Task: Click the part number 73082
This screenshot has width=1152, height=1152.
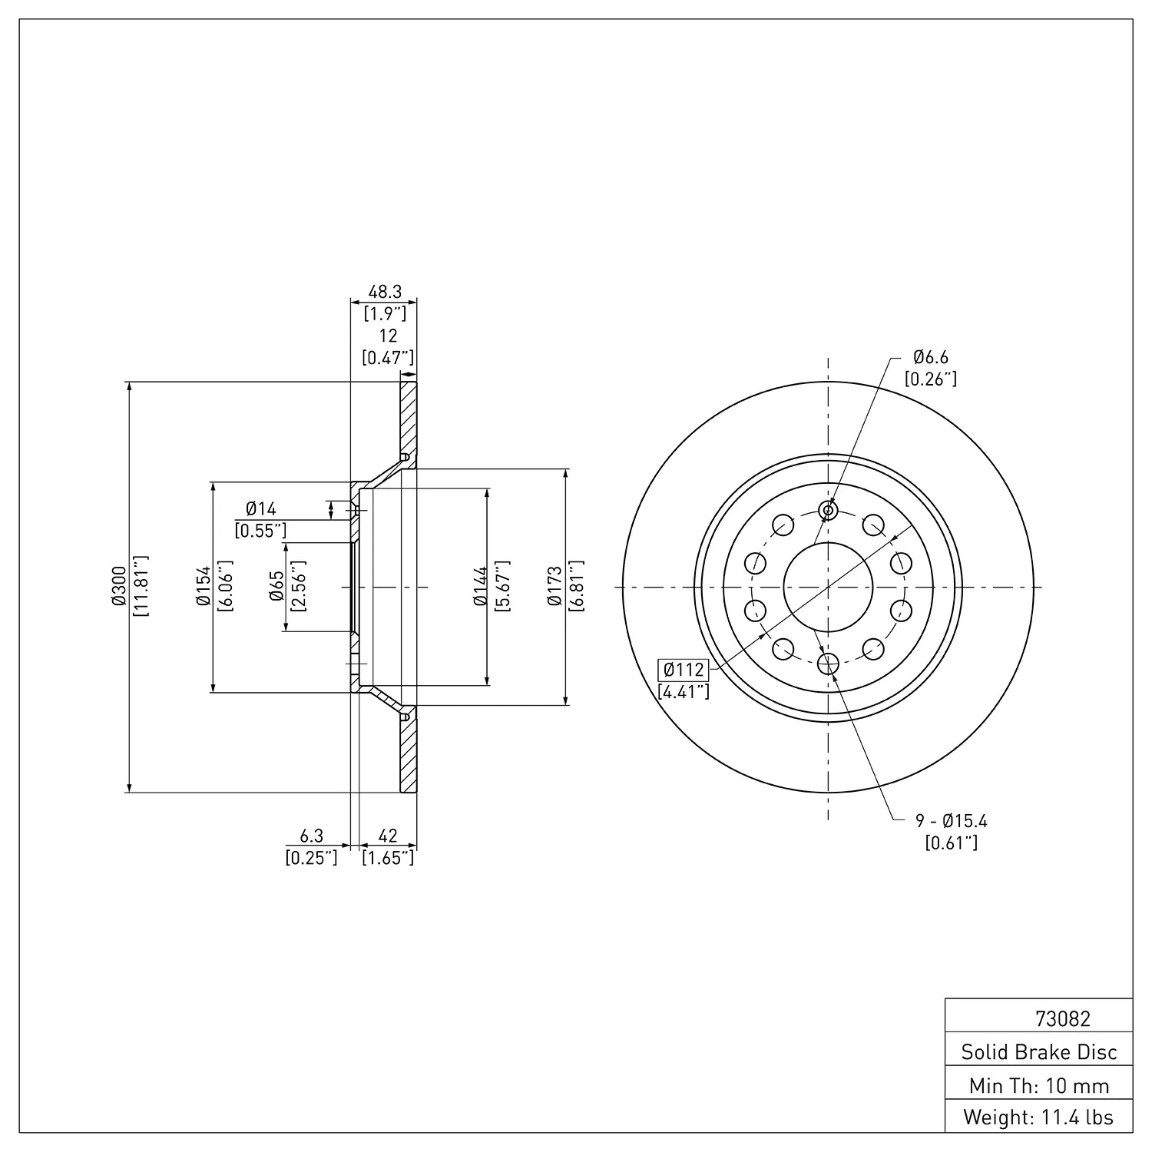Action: point(1062,1018)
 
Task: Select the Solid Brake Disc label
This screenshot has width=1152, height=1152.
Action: point(1039,1051)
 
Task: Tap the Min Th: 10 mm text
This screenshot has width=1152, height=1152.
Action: point(1039,1085)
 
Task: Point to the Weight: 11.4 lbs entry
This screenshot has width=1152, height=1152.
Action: point(1039,1117)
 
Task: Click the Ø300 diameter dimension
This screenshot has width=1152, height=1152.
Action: point(118,587)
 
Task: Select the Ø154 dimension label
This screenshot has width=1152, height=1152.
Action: point(204,587)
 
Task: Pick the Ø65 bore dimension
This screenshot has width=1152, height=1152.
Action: point(276,587)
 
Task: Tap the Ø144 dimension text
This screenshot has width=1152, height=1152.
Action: point(481,587)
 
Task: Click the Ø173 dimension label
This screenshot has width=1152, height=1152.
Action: point(554,587)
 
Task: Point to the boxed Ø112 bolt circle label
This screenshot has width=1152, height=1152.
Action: point(683,669)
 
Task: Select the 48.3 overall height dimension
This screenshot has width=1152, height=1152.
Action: point(385,292)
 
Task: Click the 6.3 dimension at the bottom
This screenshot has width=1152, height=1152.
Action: point(311,836)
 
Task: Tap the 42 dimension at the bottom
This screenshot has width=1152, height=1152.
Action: point(388,836)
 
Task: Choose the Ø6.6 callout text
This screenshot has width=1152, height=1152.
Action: point(931,357)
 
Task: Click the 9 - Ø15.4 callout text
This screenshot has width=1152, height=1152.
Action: point(952,821)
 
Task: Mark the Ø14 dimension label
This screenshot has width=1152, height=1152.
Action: point(260,508)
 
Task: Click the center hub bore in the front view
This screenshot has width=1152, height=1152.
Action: point(828,587)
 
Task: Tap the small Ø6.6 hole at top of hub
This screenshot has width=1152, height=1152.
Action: point(828,510)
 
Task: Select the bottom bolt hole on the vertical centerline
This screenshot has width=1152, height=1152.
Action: point(828,663)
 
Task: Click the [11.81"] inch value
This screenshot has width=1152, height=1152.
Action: point(141,587)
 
